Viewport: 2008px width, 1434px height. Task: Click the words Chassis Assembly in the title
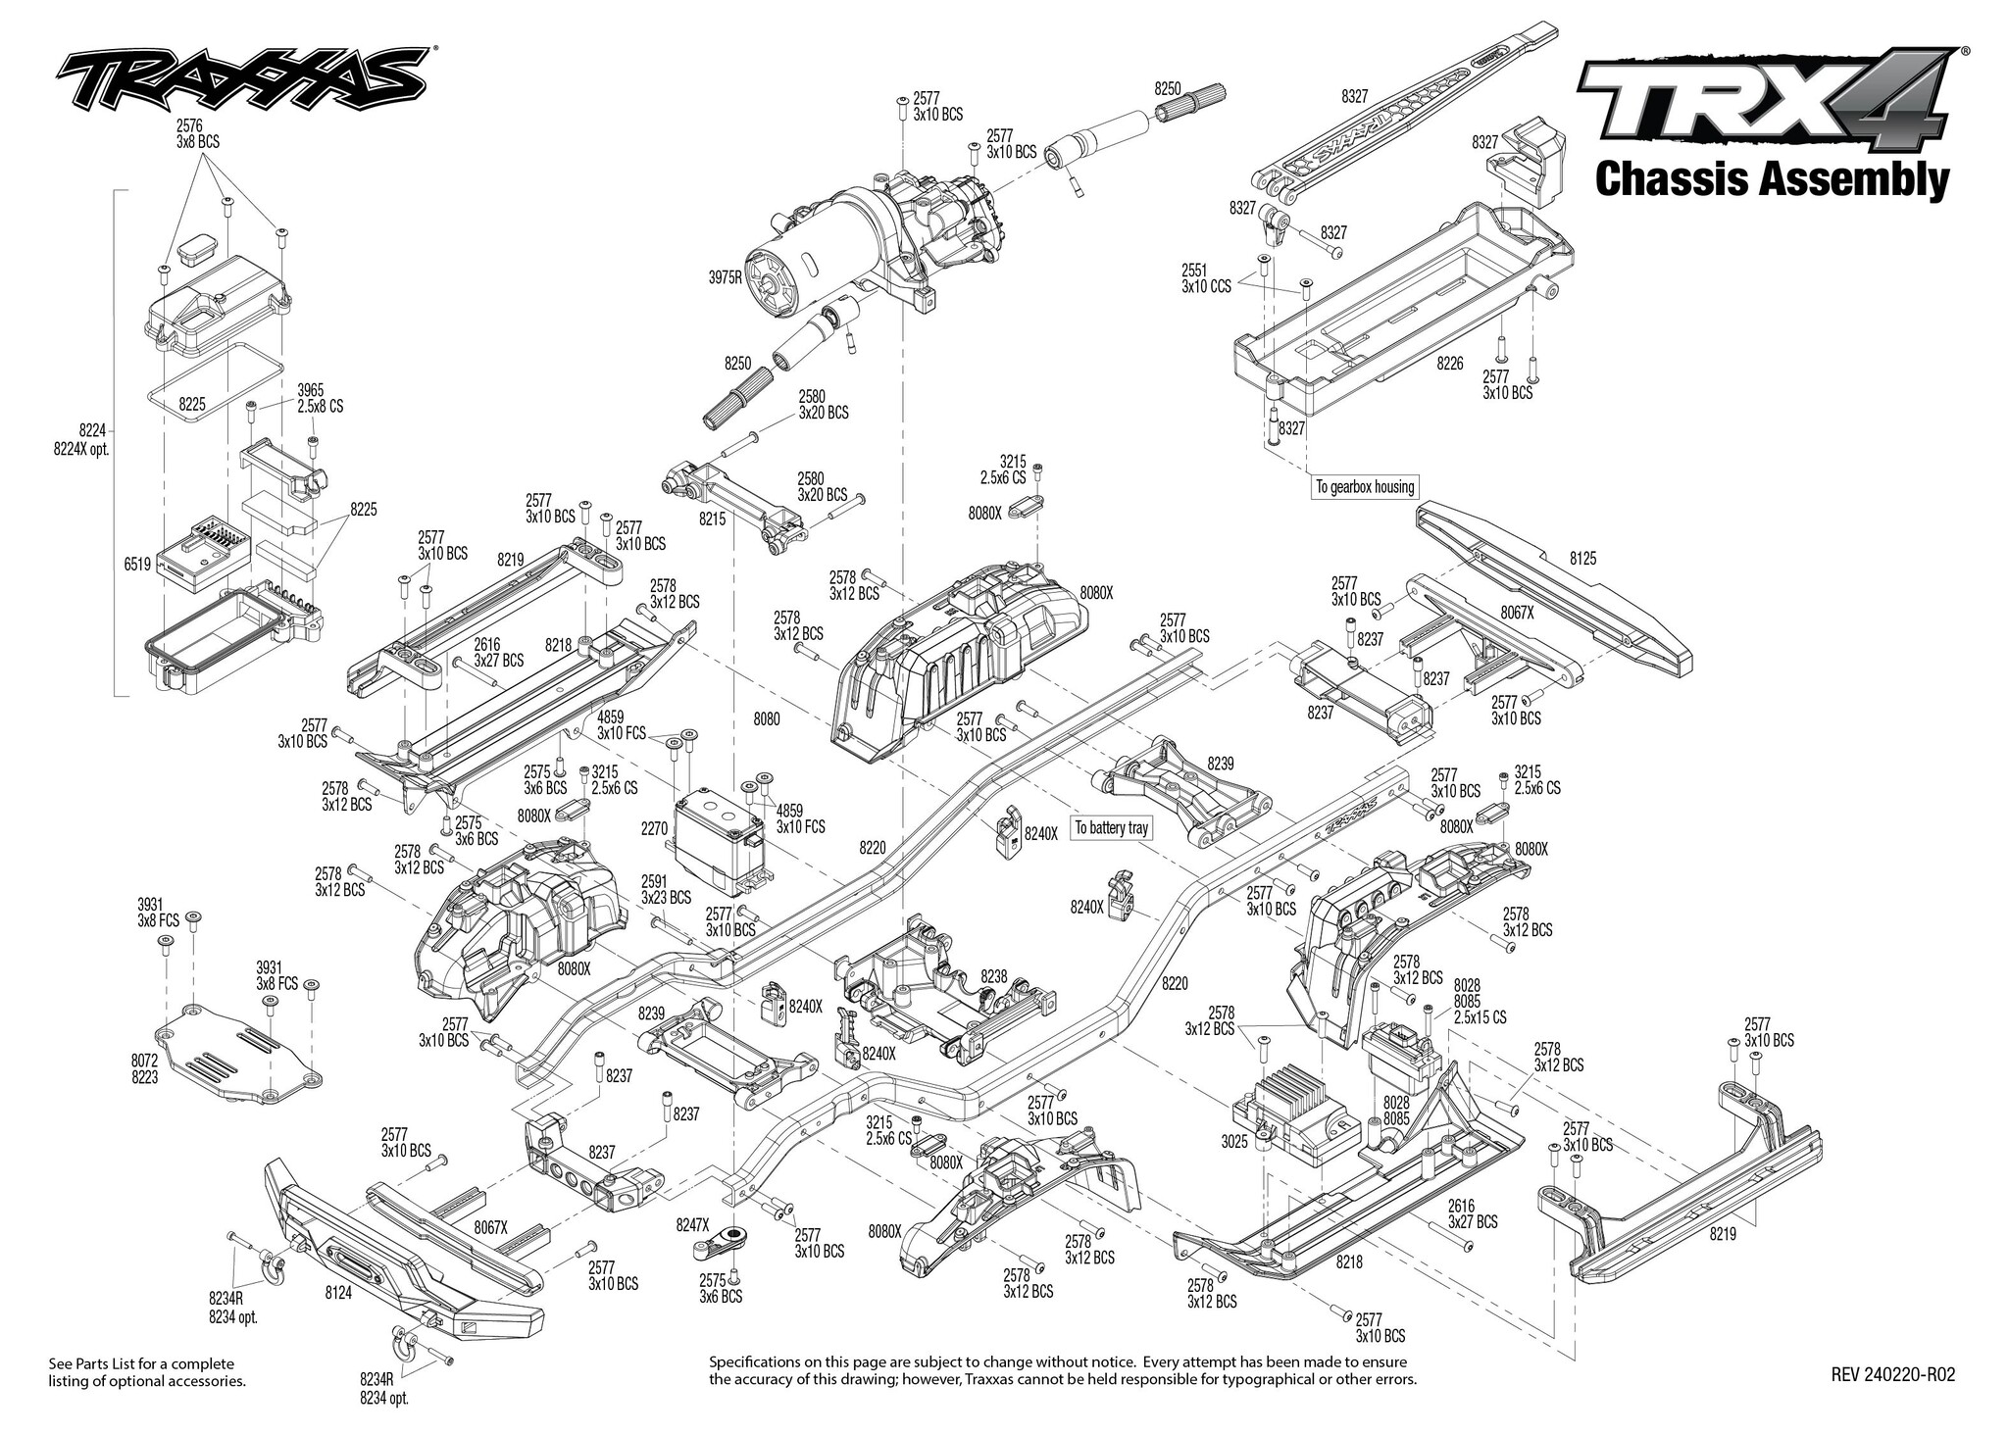click(x=1771, y=180)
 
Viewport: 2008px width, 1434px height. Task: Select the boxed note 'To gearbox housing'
click(x=1364, y=487)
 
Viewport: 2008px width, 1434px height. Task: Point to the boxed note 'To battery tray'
click(x=1111, y=828)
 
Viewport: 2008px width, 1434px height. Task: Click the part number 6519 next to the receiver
click(x=138, y=565)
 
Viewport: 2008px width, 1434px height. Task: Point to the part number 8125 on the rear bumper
click(x=1582, y=559)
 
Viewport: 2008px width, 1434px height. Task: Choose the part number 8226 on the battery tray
click(x=1450, y=364)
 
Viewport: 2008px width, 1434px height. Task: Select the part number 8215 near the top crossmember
click(x=712, y=518)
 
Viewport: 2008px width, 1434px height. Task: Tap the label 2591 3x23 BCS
click(x=666, y=888)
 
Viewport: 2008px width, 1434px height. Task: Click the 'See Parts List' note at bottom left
click(x=147, y=1372)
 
